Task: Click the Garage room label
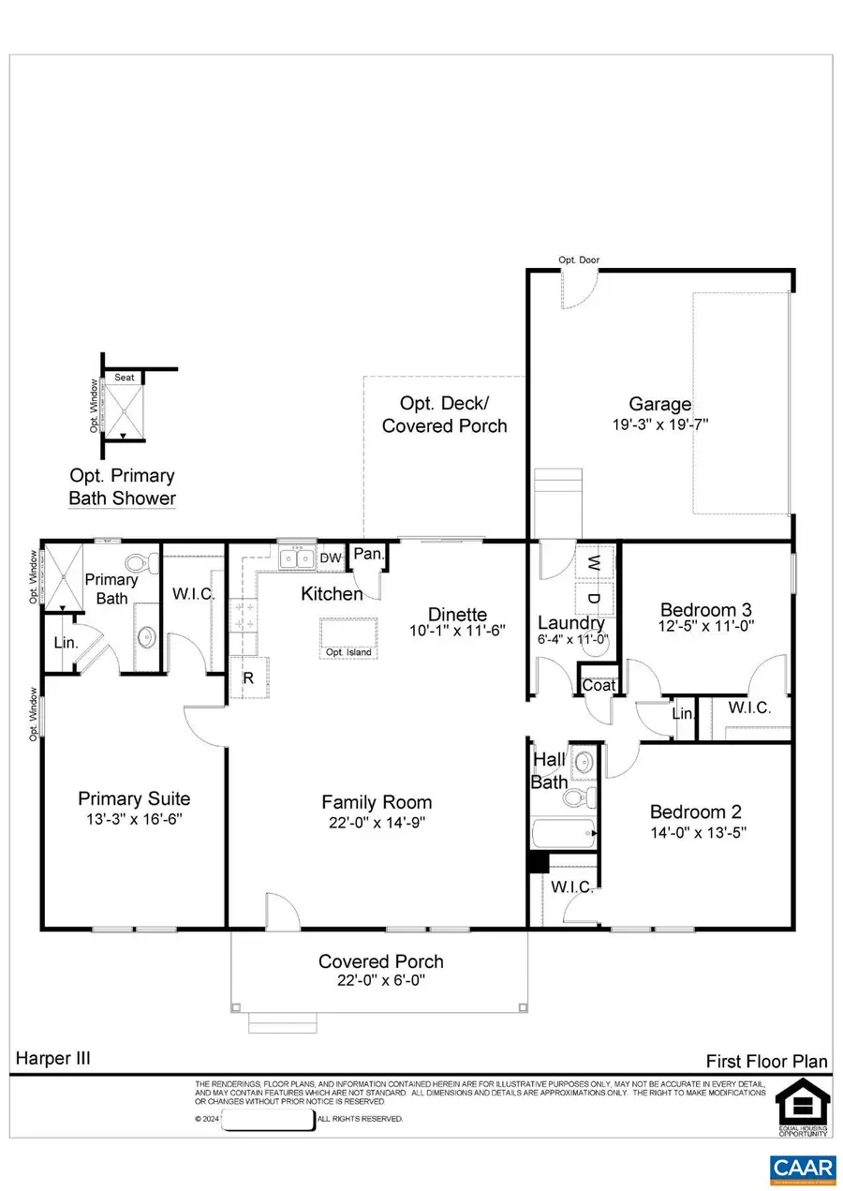(659, 405)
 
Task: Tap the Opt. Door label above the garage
(579, 261)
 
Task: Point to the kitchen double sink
(297, 559)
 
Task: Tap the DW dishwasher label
(331, 558)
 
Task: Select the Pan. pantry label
(368, 555)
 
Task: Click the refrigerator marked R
(249, 677)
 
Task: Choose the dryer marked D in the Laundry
(594, 597)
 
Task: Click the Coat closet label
(599, 686)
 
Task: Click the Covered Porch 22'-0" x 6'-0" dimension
(380, 981)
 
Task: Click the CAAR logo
(802, 1167)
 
